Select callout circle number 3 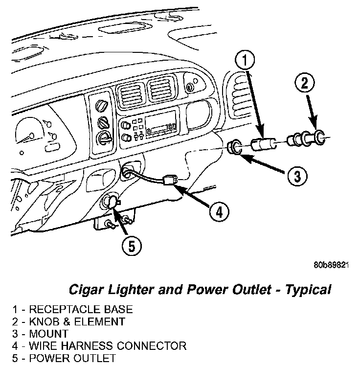[297, 175]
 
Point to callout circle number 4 [219, 212]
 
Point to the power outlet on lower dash [110, 201]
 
